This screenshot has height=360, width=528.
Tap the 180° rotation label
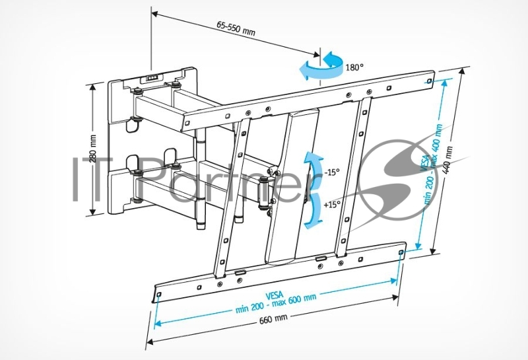[354, 67]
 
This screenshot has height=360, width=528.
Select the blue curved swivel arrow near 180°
[319, 67]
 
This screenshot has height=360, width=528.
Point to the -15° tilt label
[332, 172]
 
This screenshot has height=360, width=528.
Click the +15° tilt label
[332, 205]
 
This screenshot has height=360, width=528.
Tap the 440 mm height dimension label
[449, 157]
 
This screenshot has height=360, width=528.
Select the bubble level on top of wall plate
[153, 75]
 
